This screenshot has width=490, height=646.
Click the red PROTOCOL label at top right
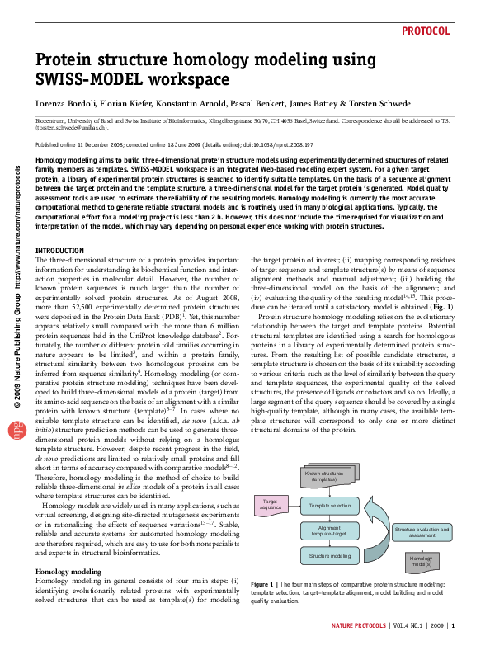[427, 31]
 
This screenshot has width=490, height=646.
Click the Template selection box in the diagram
[330, 505]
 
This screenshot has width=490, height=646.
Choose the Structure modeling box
[330, 557]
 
